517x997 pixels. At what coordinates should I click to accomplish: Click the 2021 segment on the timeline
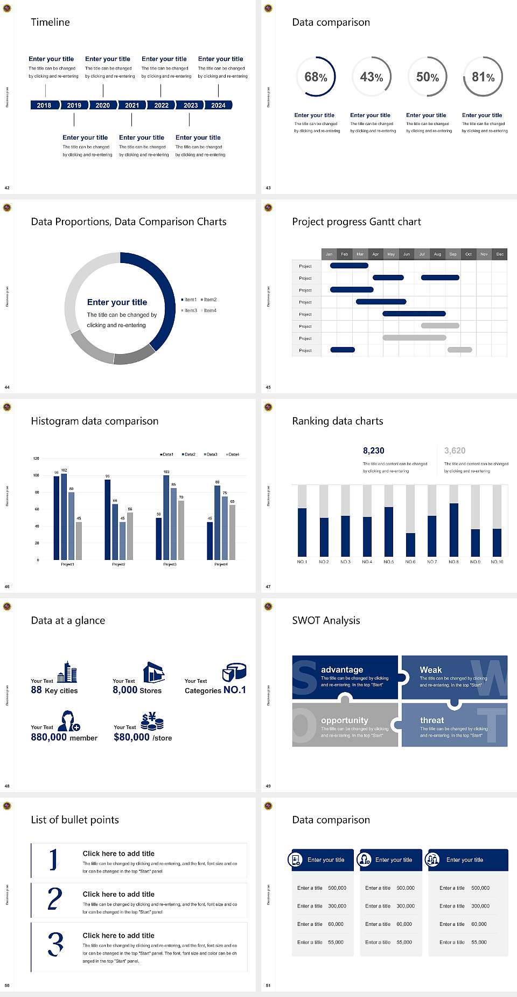132,105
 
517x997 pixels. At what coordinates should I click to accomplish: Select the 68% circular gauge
316,77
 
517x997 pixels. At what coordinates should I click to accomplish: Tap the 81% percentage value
483,77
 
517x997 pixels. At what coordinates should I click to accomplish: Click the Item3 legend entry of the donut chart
189,310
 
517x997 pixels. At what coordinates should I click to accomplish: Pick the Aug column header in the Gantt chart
437,254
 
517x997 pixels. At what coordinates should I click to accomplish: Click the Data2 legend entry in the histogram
188,454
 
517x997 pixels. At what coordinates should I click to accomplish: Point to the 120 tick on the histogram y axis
36,458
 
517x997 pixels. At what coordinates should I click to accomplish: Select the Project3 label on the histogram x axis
170,564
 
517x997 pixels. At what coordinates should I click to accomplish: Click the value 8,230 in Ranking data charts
373,451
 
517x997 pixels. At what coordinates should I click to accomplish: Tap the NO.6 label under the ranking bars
410,562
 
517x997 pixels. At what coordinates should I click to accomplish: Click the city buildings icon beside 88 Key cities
67,672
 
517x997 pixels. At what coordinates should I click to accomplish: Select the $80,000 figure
131,737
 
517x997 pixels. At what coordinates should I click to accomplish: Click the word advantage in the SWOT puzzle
342,669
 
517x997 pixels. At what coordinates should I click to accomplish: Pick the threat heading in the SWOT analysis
432,720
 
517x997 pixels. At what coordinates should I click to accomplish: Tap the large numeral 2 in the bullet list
55,899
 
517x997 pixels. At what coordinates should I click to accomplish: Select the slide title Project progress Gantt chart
356,221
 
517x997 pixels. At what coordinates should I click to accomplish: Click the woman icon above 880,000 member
69,721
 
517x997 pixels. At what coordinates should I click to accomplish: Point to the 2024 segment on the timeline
218,105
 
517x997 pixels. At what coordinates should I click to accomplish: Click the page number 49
268,786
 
